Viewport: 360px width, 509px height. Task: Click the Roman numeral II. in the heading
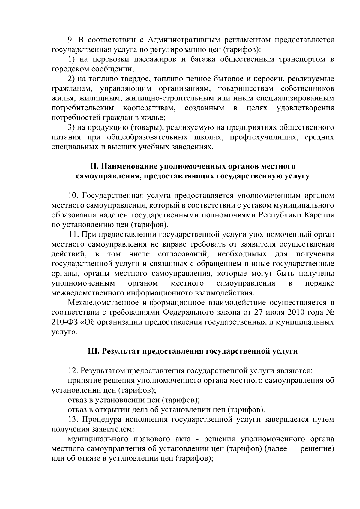tap(94, 166)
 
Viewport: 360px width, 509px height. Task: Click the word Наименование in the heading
tap(129, 166)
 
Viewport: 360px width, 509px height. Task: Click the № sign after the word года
tap(329, 313)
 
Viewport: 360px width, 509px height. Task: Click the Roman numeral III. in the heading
tap(94, 351)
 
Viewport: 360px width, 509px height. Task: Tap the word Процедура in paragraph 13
tap(102, 420)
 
